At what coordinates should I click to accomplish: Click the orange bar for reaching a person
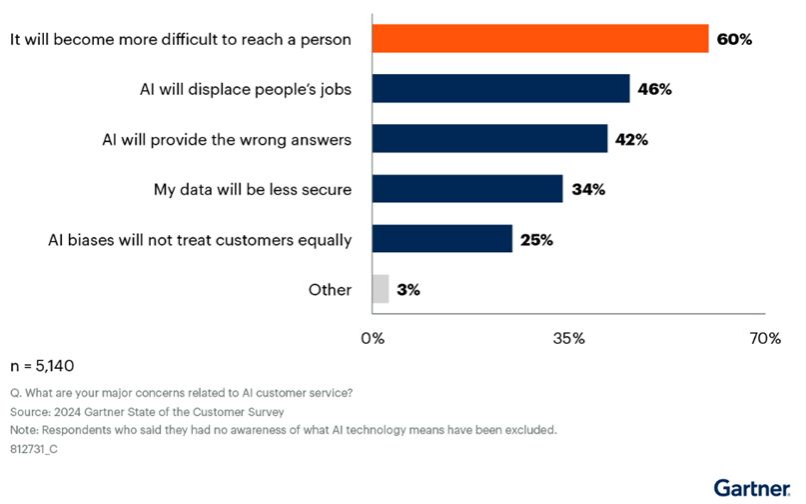[540, 39]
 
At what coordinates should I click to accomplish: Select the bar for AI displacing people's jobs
[500, 89]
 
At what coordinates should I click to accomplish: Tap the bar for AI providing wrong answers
[489, 139]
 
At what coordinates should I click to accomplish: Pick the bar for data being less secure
[467, 189]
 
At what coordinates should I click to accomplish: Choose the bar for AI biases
[442, 239]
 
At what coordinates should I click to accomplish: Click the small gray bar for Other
[381, 289]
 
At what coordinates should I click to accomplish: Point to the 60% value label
[733, 40]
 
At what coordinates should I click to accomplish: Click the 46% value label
[654, 90]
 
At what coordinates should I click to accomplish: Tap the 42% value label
[631, 140]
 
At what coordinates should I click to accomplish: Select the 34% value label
[587, 190]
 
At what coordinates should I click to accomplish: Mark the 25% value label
[537, 240]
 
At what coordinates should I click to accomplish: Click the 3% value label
[408, 290]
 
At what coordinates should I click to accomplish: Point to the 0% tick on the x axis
[373, 339]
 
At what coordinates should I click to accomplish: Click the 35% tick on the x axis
[568, 339]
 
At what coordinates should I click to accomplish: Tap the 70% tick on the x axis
[764, 339]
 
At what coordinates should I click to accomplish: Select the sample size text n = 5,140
[41, 366]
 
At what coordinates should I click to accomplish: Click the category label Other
[330, 290]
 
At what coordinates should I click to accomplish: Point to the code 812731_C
[36, 449]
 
